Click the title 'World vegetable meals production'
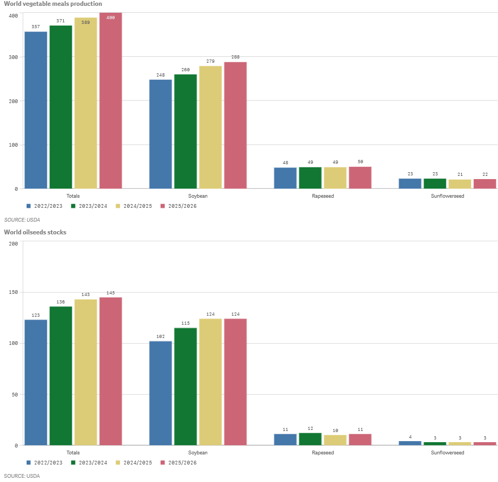click(x=53, y=4)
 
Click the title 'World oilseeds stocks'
click(x=35, y=232)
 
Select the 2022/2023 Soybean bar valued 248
click(x=161, y=134)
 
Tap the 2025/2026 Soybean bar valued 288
click(x=235, y=125)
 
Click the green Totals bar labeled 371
click(x=61, y=106)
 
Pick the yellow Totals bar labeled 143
click(x=86, y=372)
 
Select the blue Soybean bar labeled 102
click(x=161, y=393)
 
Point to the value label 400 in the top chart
click(x=111, y=18)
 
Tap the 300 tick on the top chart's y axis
click(x=13, y=57)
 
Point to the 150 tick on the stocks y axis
click(x=13, y=292)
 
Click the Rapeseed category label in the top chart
click(x=323, y=196)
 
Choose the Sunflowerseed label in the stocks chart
click(x=448, y=453)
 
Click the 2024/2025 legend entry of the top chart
click(x=133, y=206)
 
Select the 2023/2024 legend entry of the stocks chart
click(x=89, y=462)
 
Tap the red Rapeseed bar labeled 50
click(x=360, y=177)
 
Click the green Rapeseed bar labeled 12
click(x=310, y=439)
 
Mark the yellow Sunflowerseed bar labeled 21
click(x=460, y=184)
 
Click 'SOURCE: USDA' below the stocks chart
click(x=22, y=476)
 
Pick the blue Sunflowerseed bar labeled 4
click(x=410, y=443)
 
